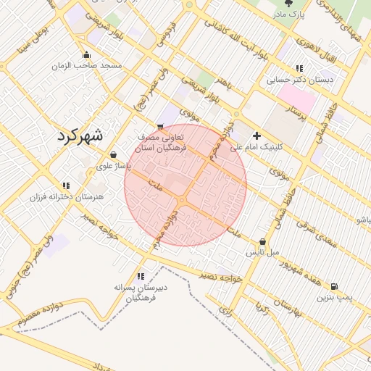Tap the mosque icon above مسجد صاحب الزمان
tap(87, 55)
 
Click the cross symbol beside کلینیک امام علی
tap(257, 136)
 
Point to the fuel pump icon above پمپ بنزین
tap(333, 286)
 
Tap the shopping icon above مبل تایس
tap(262, 242)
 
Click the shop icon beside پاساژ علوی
tap(114, 154)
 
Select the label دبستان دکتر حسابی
tap(300, 79)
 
